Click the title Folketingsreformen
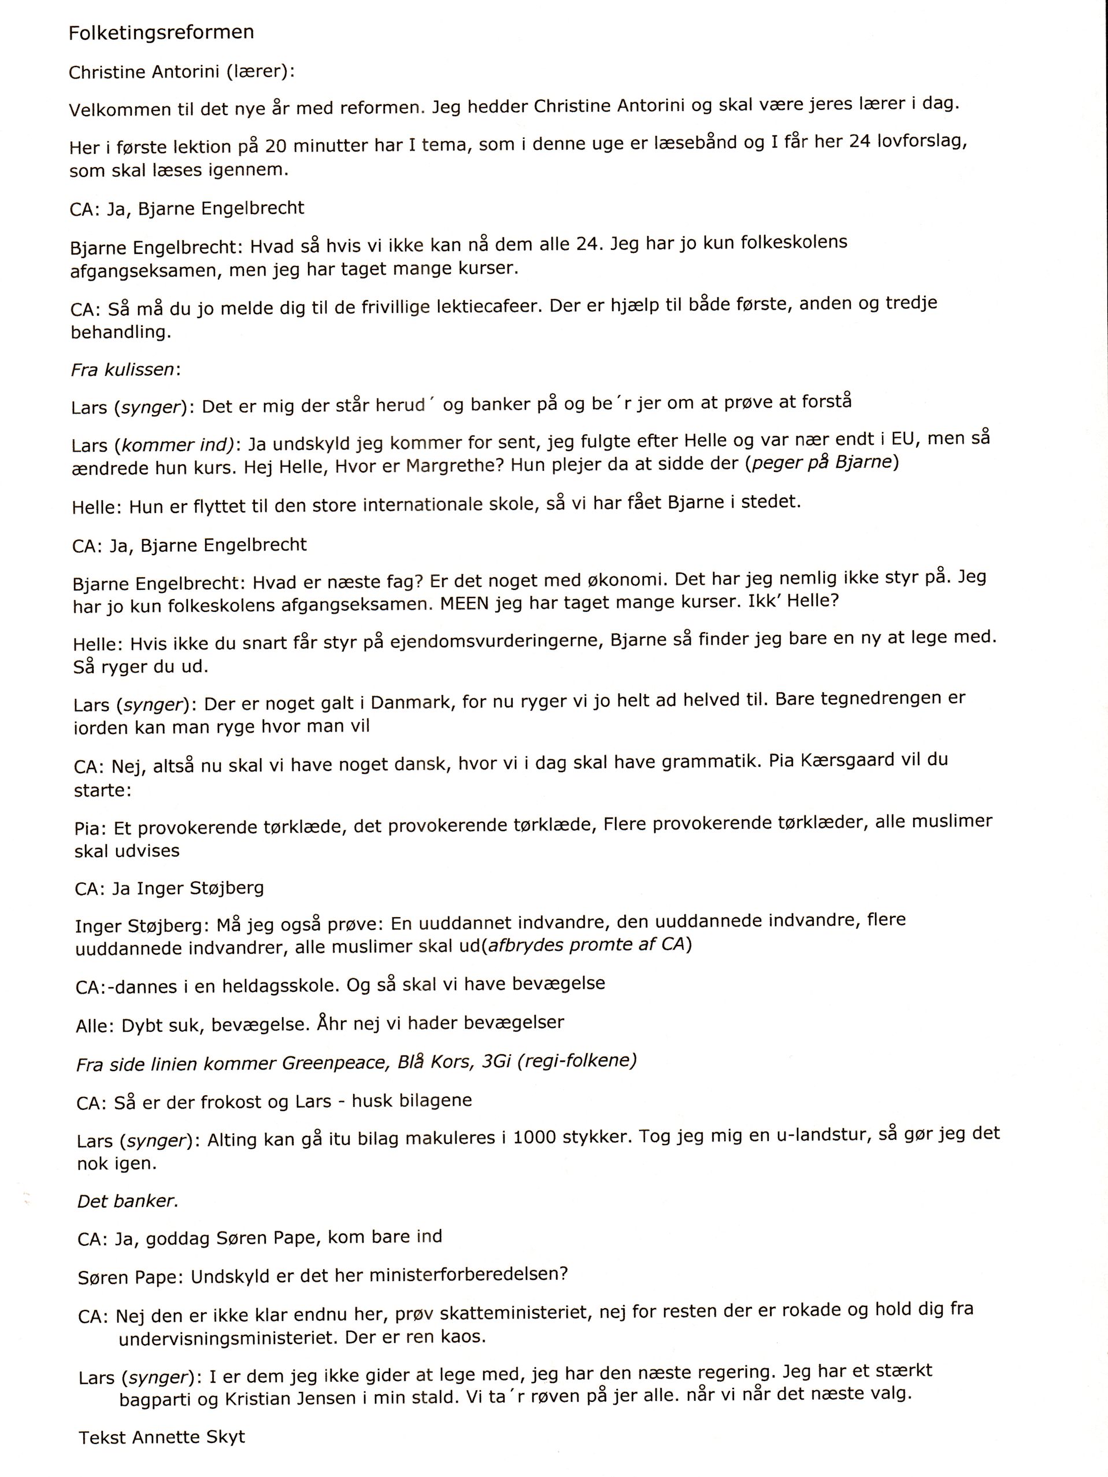[x=161, y=33]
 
